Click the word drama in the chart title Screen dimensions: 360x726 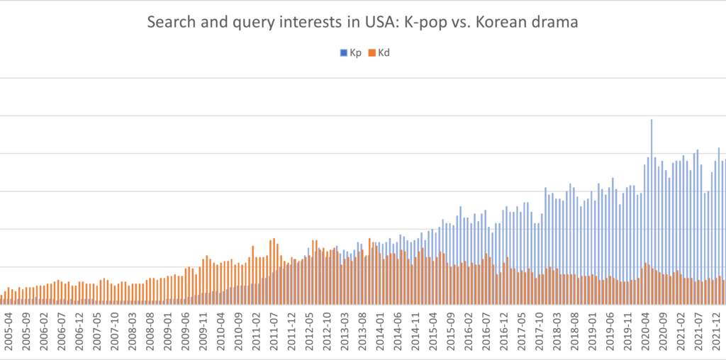pos(557,22)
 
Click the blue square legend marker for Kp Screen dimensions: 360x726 pos(345,52)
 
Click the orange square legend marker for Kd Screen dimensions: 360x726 pos(372,52)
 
